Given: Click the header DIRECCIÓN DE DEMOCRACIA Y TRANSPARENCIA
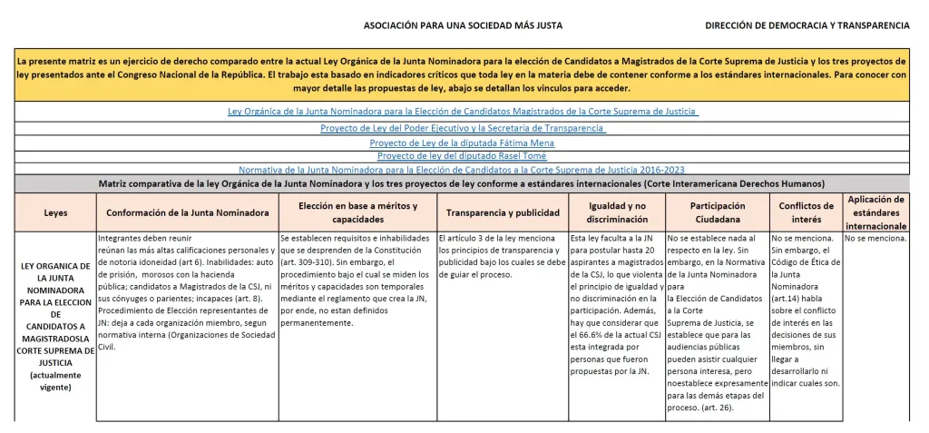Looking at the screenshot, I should tap(807, 26).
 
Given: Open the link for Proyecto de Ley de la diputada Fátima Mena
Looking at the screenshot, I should tap(462, 143).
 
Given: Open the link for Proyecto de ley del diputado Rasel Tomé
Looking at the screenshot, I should tap(462, 156).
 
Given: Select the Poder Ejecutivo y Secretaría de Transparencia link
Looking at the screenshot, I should tap(463, 129).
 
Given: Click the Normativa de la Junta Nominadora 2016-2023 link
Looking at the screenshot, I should tap(462, 170).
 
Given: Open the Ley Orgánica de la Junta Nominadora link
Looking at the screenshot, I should tap(463, 112).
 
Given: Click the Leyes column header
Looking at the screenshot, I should tap(55, 213).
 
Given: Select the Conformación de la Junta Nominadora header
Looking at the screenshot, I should tap(187, 213).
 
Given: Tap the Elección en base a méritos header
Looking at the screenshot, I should tap(357, 213).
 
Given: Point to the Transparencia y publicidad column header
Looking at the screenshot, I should tap(503, 213).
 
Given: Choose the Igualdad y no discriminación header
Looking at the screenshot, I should tap(617, 213).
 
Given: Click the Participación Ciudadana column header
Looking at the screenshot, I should tap(717, 213).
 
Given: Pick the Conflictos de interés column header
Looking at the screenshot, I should tap(806, 213).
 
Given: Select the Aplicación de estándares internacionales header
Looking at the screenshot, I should tap(875, 212).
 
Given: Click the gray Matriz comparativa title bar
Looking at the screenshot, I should tap(463, 183).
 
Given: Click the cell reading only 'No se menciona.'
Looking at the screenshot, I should tap(875, 239).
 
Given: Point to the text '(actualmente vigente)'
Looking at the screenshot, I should tap(55, 381).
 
